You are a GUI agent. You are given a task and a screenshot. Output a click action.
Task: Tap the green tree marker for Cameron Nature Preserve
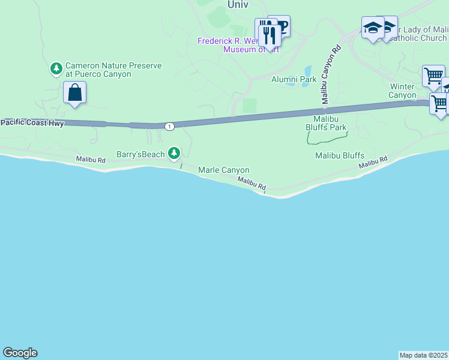coord(56,69)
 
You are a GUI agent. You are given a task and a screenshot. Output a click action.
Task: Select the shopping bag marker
coord(75,94)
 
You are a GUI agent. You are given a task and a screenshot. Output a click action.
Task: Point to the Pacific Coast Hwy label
coord(32,122)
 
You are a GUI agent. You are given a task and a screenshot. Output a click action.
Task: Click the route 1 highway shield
coord(170,126)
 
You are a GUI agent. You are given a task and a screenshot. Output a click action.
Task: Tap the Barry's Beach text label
coord(140,154)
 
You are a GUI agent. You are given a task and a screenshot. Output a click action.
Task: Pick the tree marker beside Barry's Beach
coord(174,154)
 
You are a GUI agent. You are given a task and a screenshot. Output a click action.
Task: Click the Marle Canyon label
coord(223,170)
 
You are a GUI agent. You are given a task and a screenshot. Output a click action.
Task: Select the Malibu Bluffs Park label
coord(326,123)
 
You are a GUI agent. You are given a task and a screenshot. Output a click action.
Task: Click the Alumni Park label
coord(294,79)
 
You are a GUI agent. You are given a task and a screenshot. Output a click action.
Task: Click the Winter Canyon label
coord(402,91)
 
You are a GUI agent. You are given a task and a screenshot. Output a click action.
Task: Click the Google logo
coord(20,353)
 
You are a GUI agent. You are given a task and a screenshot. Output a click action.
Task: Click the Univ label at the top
coord(238,4)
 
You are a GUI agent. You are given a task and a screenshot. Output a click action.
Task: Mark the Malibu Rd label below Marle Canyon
coord(252,184)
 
